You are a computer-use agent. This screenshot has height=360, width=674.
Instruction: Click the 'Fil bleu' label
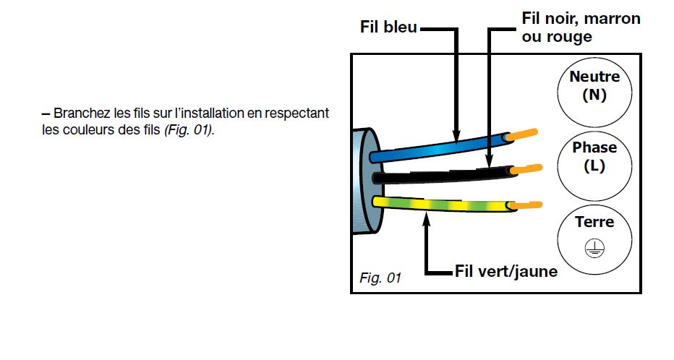pos(388,27)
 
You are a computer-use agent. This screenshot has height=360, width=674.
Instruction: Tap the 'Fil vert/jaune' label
pos(506,272)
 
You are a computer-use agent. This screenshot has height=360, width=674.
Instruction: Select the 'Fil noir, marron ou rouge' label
pos(581,27)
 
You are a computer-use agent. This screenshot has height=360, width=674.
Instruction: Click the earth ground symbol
pos(594,248)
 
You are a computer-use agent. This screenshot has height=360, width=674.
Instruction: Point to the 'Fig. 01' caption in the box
pos(380,278)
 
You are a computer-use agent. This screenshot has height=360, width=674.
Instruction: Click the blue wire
pos(440,147)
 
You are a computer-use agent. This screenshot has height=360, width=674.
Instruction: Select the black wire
pos(445,175)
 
